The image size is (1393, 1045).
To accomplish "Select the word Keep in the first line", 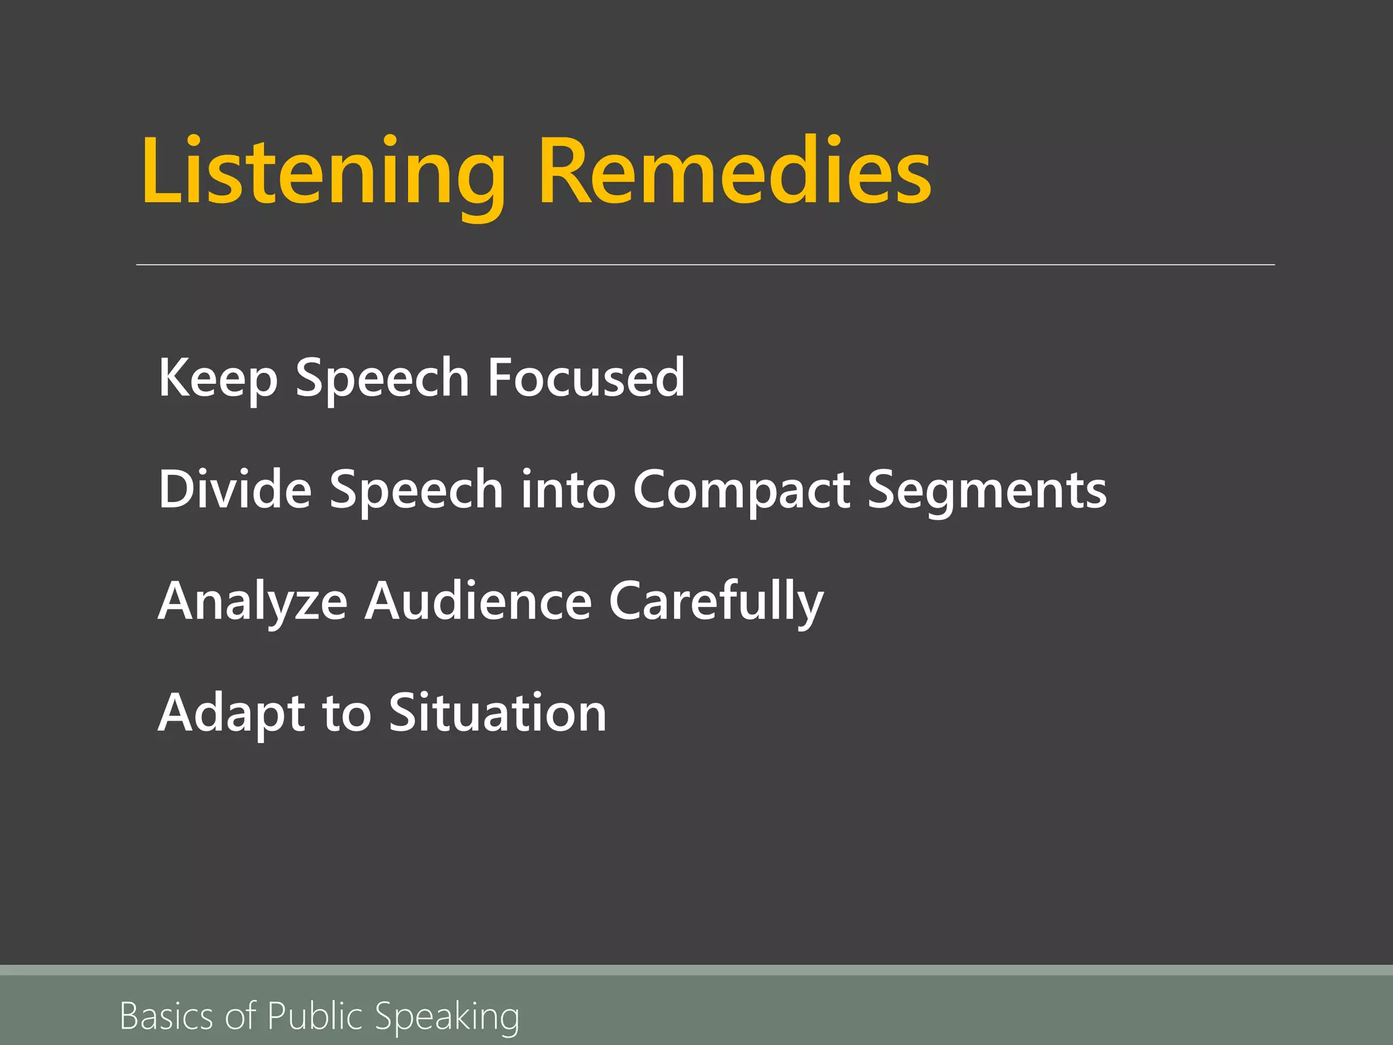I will click(x=218, y=378).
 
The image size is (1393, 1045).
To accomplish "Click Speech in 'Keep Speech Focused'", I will click(x=382, y=377).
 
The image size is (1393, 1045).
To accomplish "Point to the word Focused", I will click(x=586, y=377).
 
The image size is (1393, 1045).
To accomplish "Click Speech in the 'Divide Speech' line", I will click(x=416, y=490).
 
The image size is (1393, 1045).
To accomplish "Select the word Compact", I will click(x=741, y=490).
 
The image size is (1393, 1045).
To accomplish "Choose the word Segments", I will click(x=987, y=490).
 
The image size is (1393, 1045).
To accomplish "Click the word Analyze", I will click(x=252, y=601).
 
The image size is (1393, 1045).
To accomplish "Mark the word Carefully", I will click(x=716, y=601).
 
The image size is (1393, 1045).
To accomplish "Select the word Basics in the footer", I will click(x=167, y=1016).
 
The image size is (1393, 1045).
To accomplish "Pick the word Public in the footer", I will click(x=315, y=1016).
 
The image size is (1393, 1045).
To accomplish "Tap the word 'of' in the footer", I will click(x=241, y=1016).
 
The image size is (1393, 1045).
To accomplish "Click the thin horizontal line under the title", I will click(x=705, y=265).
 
